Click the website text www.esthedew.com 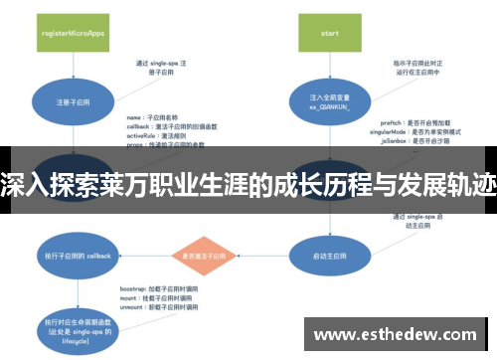coord(394,334)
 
